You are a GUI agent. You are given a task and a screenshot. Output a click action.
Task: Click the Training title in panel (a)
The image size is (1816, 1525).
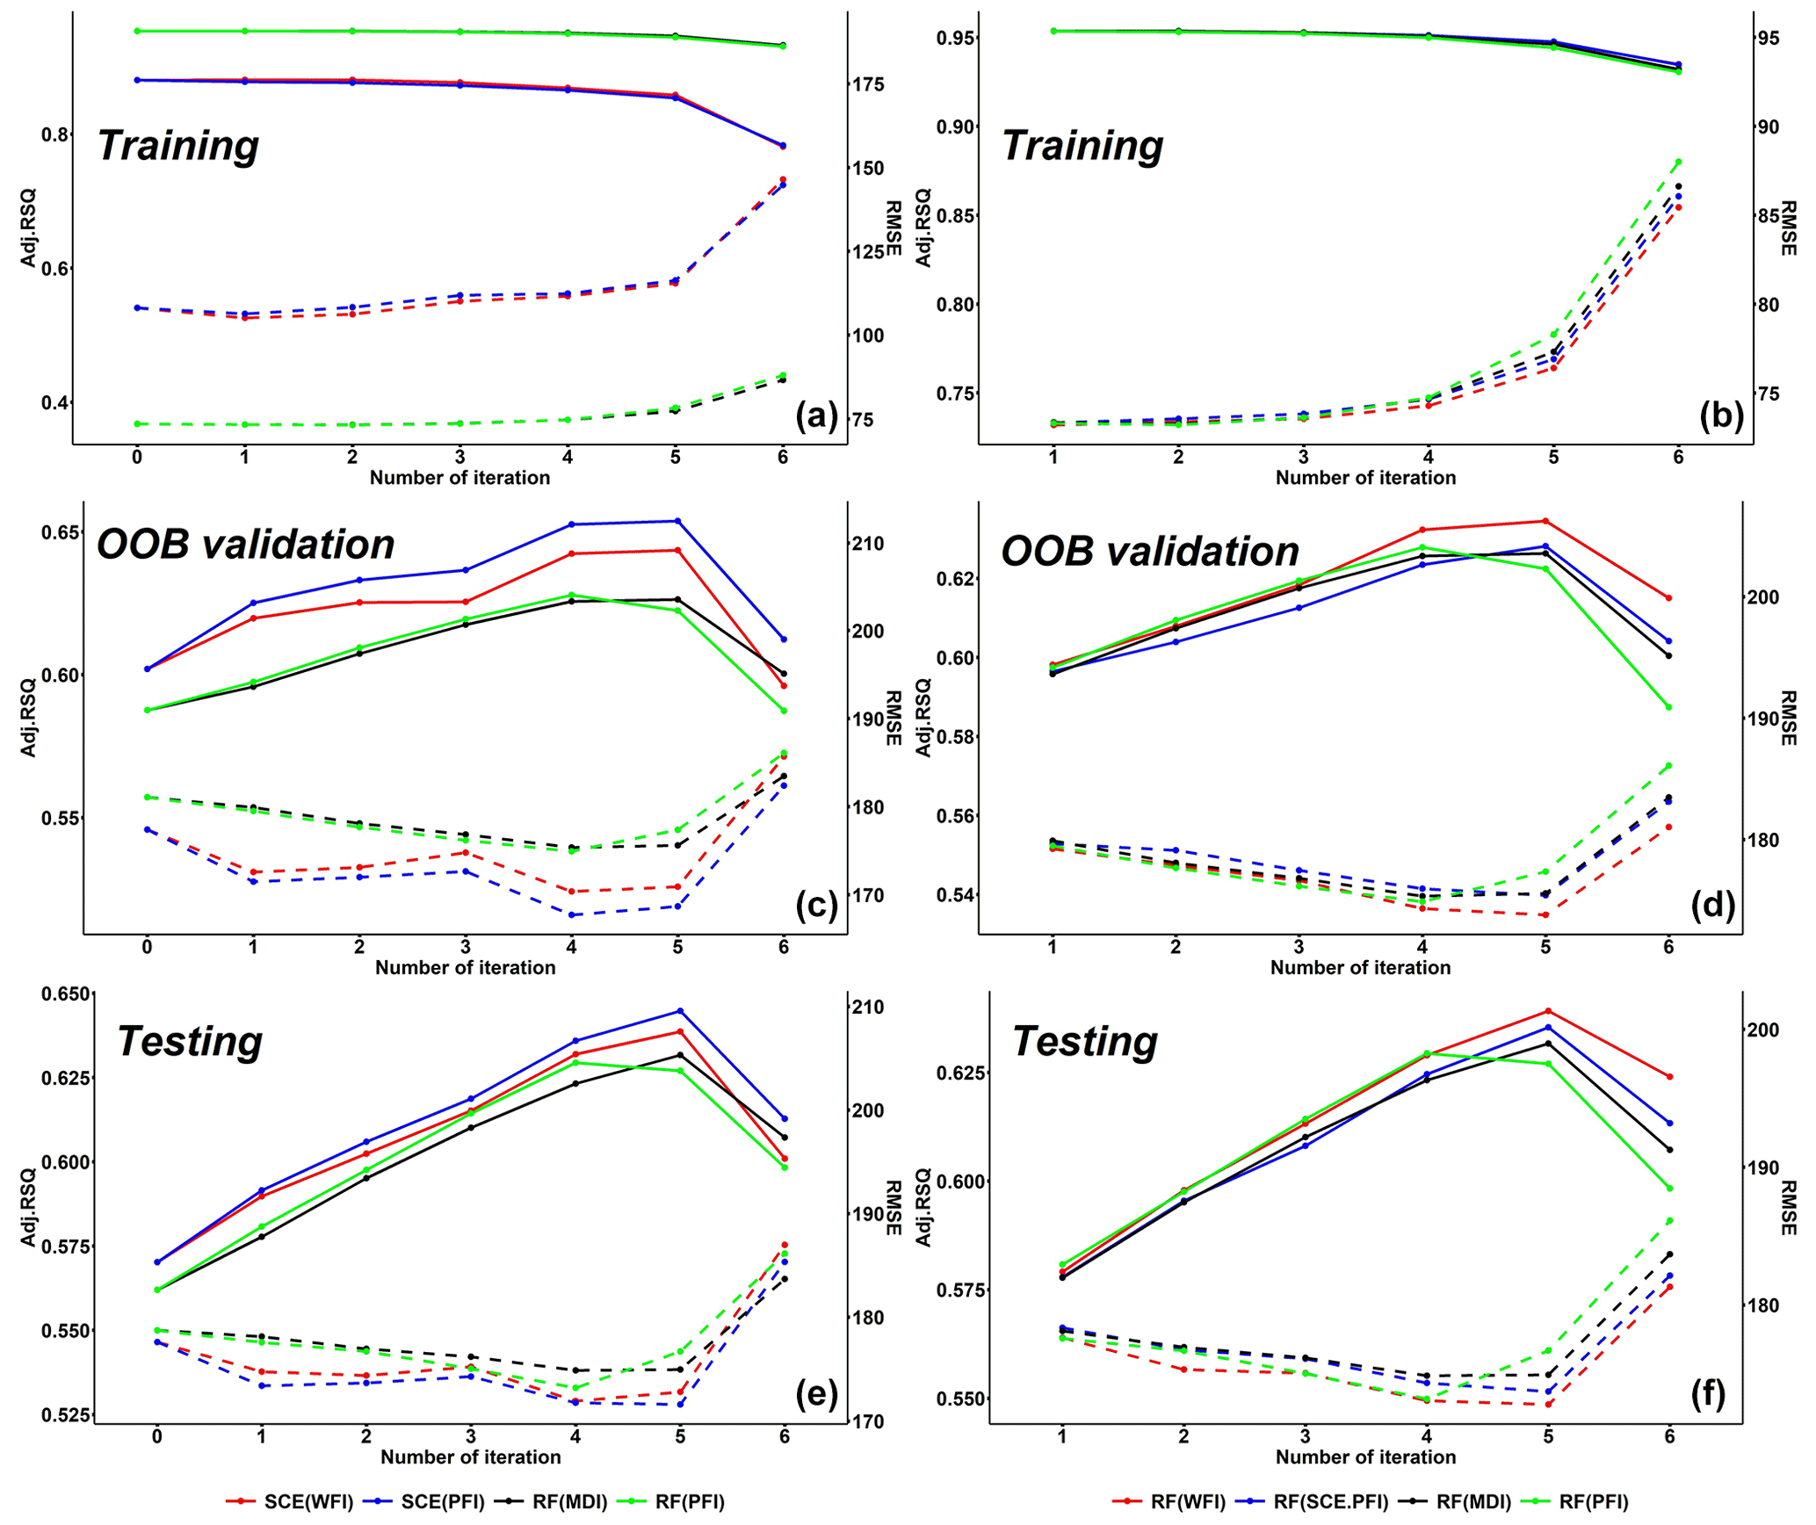click(178, 145)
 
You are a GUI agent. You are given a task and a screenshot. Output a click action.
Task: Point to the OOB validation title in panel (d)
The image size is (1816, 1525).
click(1150, 552)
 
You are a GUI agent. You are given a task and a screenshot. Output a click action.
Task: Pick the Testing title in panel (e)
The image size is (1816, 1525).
click(190, 1041)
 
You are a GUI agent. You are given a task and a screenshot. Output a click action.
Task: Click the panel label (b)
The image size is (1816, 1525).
click(1721, 415)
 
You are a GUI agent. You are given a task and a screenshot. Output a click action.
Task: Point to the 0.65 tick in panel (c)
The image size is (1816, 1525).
click(59, 532)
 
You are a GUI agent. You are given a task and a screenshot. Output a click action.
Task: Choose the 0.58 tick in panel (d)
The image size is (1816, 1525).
click(956, 736)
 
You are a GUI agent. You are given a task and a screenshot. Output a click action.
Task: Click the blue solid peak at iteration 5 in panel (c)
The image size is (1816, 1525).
click(677, 521)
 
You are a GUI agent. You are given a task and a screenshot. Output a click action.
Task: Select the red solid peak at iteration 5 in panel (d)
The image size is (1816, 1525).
click(1545, 521)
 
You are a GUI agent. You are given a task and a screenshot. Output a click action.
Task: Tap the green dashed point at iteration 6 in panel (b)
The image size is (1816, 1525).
click(1678, 162)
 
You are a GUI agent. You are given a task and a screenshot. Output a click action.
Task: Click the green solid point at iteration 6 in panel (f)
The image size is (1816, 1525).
click(1669, 1189)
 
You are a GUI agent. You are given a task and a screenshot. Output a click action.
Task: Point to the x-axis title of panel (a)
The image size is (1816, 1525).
click(459, 477)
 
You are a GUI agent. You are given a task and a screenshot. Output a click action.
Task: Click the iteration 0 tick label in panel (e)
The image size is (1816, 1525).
click(157, 1436)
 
